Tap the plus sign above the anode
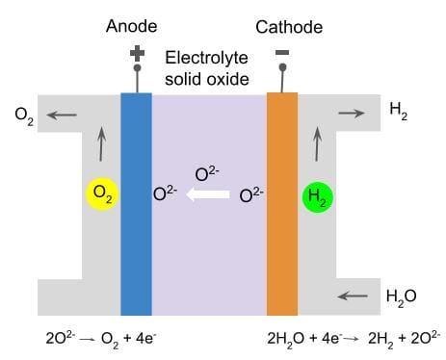[x=137, y=56]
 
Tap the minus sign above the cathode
[x=282, y=54]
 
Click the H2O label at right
[x=400, y=296]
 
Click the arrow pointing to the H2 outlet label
[x=353, y=113]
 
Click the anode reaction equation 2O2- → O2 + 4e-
[x=91, y=339]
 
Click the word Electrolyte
[x=207, y=58]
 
